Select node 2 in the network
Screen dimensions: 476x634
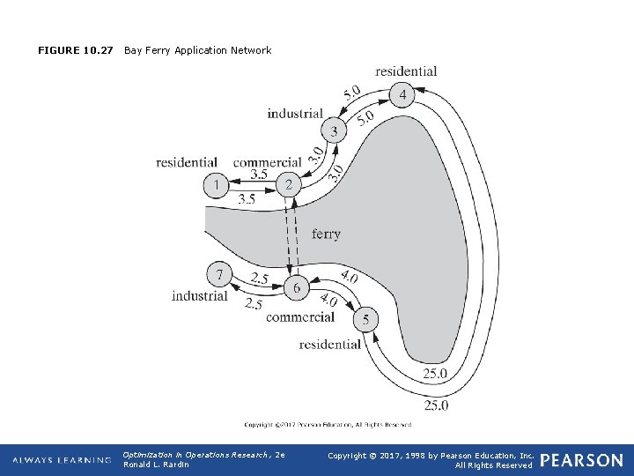(x=288, y=186)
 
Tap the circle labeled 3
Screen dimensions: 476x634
(x=333, y=132)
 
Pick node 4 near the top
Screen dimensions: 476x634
(x=402, y=94)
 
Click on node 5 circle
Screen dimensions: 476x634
(x=365, y=318)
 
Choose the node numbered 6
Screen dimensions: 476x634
(x=296, y=288)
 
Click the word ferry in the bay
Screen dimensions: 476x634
(x=326, y=234)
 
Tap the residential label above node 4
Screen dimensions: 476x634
(x=406, y=71)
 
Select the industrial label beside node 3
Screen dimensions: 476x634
(x=295, y=114)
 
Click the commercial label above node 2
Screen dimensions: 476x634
(x=267, y=162)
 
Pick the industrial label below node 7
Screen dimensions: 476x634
(x=200, y=296)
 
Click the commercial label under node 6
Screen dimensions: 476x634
(x=300, y=317)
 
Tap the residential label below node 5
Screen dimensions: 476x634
(x=330, y=345)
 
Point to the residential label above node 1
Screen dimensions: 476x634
(x=187, y=162)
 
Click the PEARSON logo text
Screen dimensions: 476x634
(x=581, y=460)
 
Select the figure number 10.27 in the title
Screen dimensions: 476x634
(x=99, y=50)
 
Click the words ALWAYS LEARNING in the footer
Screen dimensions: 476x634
(x=62, y=460)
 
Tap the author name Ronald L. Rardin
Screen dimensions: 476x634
(x=157, y=465)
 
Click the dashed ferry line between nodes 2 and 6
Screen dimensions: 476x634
(x=291, y=234)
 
